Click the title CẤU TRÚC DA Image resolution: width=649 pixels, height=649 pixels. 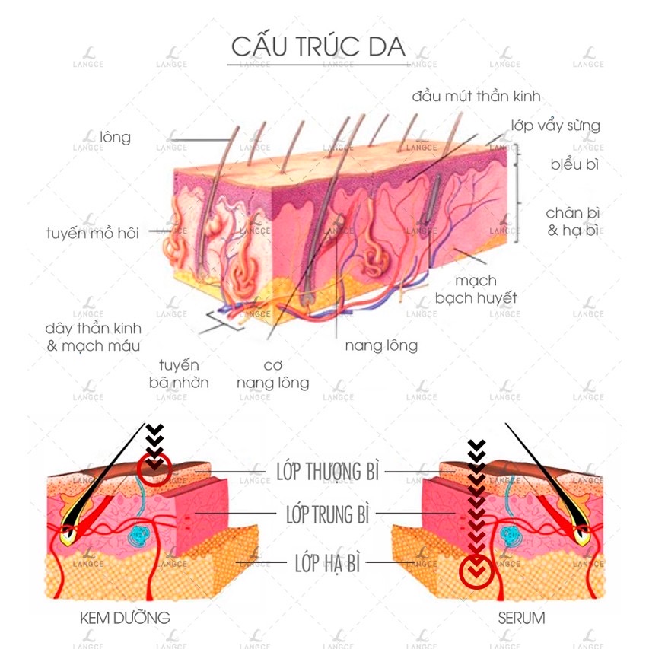pyautogui.click(x=318, y=46)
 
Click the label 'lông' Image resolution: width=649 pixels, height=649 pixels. pyautogui.click(x=115, y=138)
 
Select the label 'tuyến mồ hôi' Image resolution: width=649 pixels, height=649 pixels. pyautogui.click(x=93, y=233)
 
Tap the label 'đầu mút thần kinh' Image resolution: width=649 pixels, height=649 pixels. pyautogui.click(x=476, y=96)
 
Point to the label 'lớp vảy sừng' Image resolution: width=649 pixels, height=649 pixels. pyautogui.click(x=555, y=126)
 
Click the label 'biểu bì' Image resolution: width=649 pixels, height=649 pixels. pyautogui.click(x=574, y=164)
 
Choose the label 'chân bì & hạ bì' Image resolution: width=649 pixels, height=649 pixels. pyautogui.click(x=572, y=221)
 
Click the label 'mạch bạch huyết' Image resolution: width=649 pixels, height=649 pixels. pyautogui.click(x=476, y=289)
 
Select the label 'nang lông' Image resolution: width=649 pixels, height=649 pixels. pyautogui.click(x=381, y=345)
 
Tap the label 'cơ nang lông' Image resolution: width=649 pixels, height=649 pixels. pyautogui.click(x=273, y=374)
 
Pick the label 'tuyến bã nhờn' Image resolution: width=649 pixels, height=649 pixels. pyautogui.click(x=179, y=374)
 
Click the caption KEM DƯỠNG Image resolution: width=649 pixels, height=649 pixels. pyautogui.click(x=125, y=617)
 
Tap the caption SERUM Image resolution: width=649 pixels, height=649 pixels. pyautogui.click(x=521, y=617)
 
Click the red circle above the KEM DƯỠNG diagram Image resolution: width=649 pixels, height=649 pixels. pyautogui.click(x=154, y=470)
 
